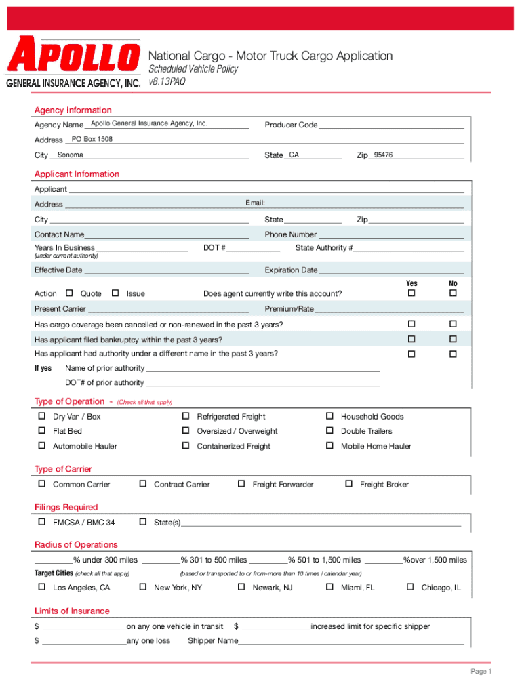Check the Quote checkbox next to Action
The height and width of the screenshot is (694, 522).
point(69,293)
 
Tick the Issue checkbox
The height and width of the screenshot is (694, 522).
point(115,293)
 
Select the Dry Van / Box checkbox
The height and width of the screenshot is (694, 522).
point(42,416)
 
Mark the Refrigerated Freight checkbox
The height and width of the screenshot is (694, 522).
point(185,416)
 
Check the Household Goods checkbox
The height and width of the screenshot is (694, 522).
point(329,416)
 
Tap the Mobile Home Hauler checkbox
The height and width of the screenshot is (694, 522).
point(329,445)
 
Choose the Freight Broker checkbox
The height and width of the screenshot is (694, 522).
point(348,484)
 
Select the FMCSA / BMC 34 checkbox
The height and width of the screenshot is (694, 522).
point(42,522)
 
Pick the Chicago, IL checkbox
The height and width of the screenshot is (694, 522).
point(409,587)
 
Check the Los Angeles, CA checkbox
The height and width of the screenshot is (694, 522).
point(42,587)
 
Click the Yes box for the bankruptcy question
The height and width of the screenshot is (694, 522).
point(411,339)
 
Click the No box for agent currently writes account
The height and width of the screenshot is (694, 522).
point(454,293)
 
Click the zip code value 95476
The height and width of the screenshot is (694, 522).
point(379,155)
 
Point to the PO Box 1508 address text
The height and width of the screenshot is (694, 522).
point(92,140)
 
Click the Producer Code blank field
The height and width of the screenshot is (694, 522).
point(391,125)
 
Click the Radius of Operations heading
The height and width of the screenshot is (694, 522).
point(76,544)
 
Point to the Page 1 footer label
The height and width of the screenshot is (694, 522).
point(481,671)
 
